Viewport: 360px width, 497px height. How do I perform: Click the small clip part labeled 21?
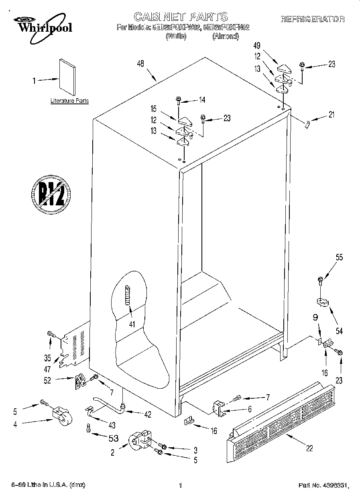(307, 124)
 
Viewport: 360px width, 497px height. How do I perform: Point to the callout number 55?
(340, 258)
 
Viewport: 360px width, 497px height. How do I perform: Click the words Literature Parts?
(69, 101)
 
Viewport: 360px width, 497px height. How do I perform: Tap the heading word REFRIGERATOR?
(313, 19)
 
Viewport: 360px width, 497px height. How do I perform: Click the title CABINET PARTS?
(180, 17)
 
